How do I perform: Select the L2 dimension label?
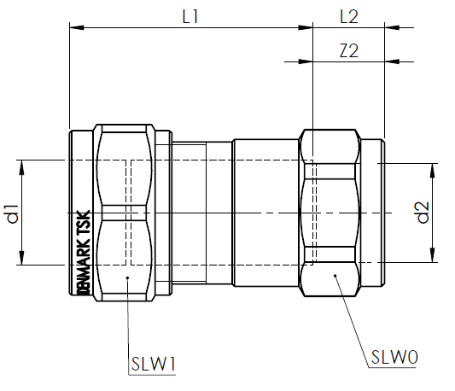click(349, 16)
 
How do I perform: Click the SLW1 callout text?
click(154, 365)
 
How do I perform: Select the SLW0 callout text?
click(394, 357)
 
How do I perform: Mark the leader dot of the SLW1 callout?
click(126, 277)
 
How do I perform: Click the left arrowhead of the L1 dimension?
click(73, 29)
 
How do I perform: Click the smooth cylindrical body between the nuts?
click(265, 213)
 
